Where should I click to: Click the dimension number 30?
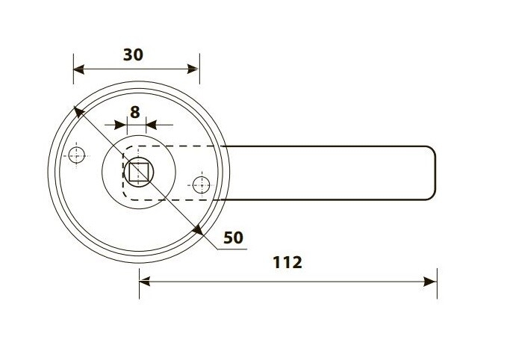click(133, 55)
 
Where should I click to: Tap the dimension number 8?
click(135, 112)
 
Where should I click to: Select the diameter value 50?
click(233, 238)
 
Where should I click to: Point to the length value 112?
click(287, 262)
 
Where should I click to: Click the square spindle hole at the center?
click(139, 172)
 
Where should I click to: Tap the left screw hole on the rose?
click(76, 155)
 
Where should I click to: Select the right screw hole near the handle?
click(202, 185)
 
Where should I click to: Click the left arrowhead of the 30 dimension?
click(79, 69)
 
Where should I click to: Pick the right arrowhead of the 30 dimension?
click(193, 69)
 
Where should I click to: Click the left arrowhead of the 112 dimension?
click(145, 282)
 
